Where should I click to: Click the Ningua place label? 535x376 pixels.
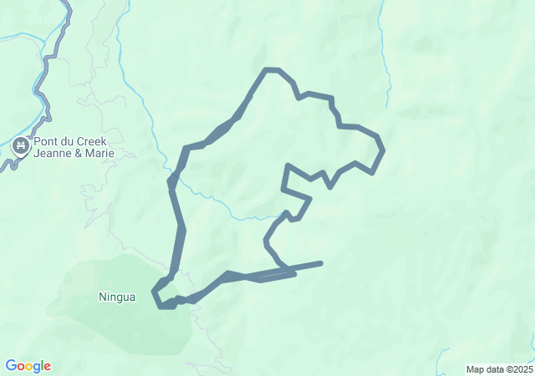[x=117, y=297]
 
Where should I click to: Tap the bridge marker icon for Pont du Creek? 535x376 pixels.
[x=20, y=148]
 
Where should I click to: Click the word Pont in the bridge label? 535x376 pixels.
[x=48, y=143]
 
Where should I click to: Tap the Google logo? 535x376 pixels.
[x=28, y=366]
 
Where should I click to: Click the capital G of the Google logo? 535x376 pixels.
[x=10, y=365]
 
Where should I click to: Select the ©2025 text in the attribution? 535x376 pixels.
[x=519, y=369]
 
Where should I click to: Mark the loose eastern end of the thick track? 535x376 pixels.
[x=320, y=263]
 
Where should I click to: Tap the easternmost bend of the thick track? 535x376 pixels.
[x=382, y=150]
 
